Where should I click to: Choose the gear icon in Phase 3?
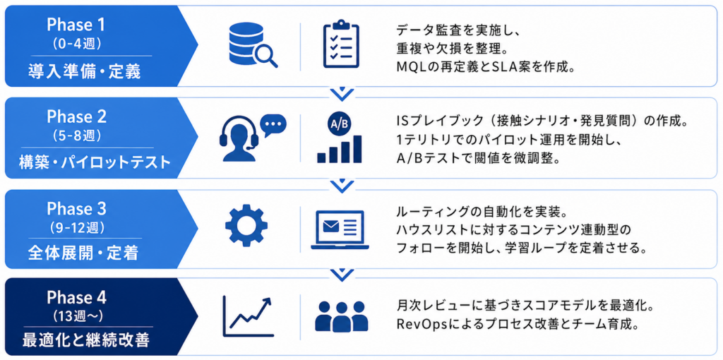(246, 227)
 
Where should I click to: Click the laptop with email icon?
(339, 229)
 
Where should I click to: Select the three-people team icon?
(341, 316)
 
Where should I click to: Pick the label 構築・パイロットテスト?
(95, 162)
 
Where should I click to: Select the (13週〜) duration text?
(76, 314)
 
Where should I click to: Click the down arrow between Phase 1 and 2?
(342, 93)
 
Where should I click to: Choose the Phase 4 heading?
(76, 296)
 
